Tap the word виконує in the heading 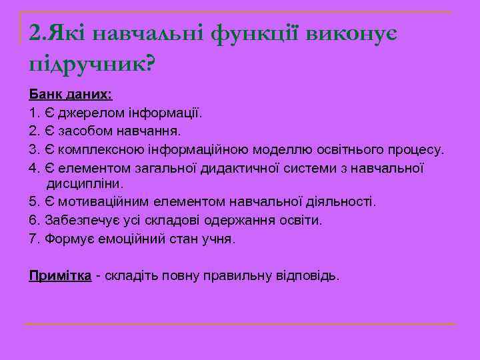[351, 32]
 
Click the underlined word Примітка [60, 275]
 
